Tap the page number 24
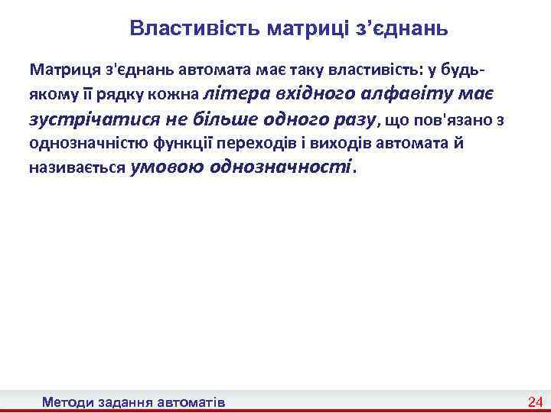pyautogui.click(x=535, y=402)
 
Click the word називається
pyautogui.click(x=77, y=168)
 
